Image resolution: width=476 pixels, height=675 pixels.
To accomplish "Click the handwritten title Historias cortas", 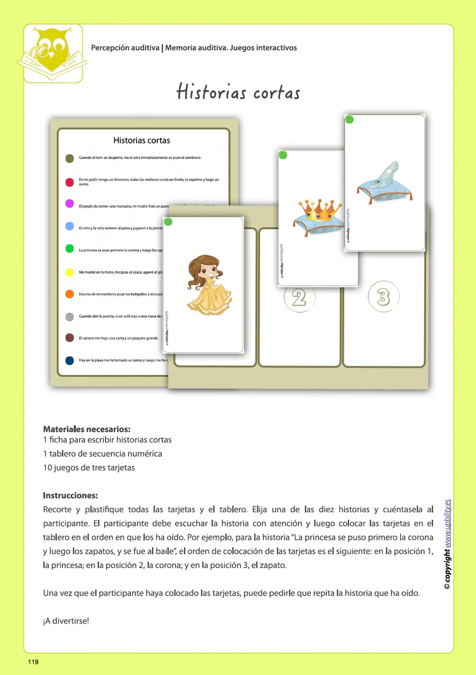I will pyautogui.click(x=238, y=92).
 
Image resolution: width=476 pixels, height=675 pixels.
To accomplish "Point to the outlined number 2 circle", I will pyautogui.click(x=299, y=297).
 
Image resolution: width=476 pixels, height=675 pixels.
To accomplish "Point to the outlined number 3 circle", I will pyautogui.click(x=383, y=296).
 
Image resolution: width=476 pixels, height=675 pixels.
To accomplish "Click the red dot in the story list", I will pyautogui.click(x=70, y=182).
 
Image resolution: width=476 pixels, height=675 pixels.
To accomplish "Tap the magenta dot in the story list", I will pyautogui.click(x=70, y=204).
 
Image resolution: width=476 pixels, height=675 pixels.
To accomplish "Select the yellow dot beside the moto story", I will pyautogui.click(x=70, y=272).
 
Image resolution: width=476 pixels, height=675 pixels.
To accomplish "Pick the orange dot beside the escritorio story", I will pyautogui.click(x=70, y=294).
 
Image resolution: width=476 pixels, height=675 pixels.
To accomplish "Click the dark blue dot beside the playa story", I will pyautogui.click(x=70, y=360).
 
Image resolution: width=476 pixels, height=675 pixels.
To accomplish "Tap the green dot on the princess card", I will pyautogui.click(x=168, y=222).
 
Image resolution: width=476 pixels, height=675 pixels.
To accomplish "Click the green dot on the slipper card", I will pyautogui.click(x=349, y=120).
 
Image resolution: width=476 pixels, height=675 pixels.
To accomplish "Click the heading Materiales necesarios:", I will pyautogui.click(x=87, y=429).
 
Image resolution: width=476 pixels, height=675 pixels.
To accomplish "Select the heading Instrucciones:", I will pyautogui.click(x=70, y=495).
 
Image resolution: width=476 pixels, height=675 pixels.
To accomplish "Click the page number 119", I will pyautogui.click(x=33, y=662).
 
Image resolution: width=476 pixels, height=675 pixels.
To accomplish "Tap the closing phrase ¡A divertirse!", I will pyautogui.click(x=66, y=621).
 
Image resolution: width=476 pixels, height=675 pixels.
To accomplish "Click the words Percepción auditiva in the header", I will pyautogui.click(x=125, y=48).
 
